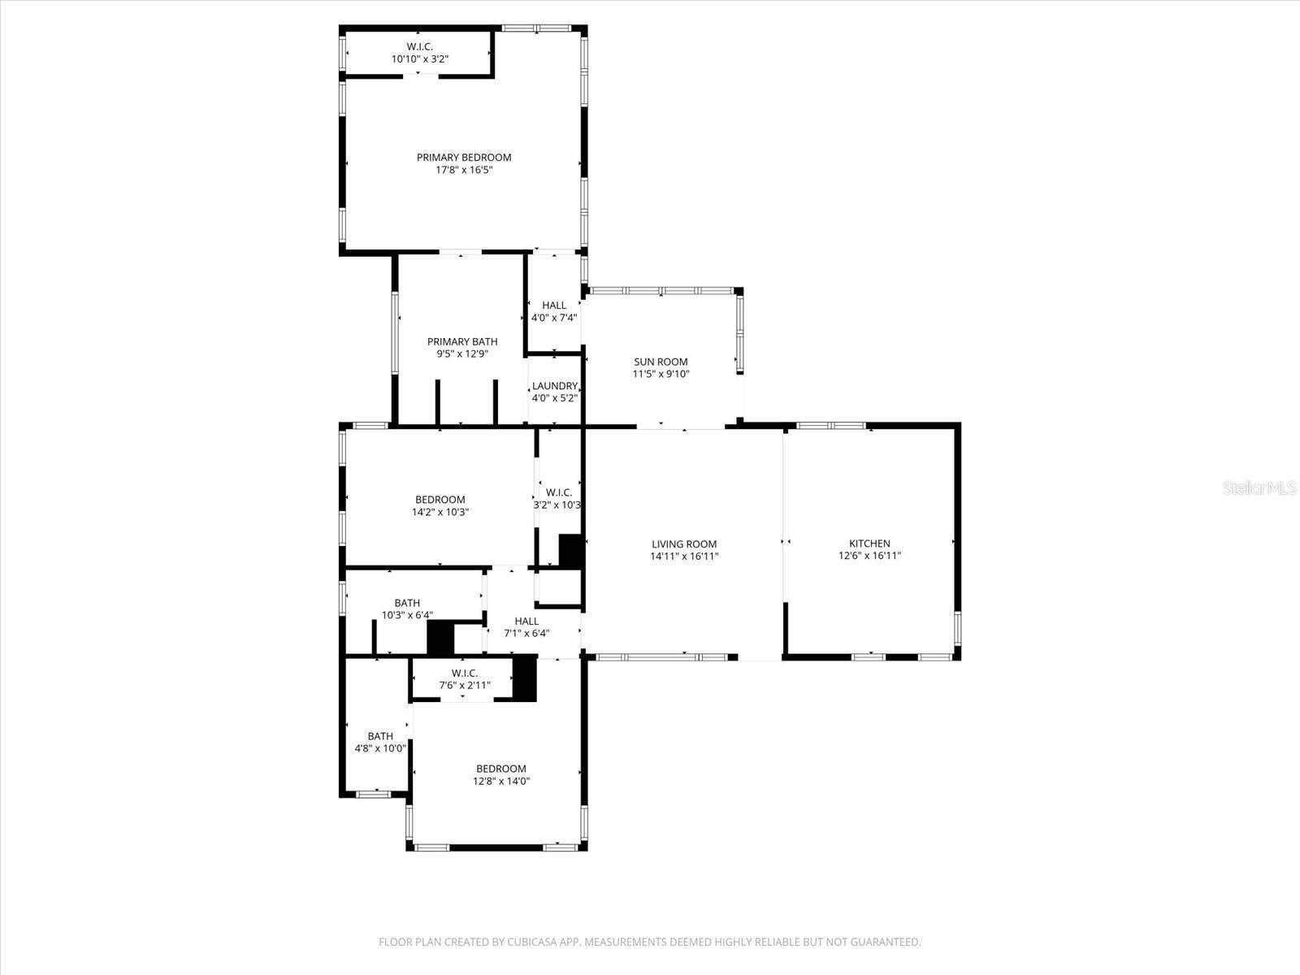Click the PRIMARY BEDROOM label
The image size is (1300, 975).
click(464, 158)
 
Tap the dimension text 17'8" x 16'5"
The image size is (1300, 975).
click(464, 171)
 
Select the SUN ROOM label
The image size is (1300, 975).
click(661, 362)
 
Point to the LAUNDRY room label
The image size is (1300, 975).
click(555, 386)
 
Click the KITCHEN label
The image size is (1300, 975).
click(869, 544)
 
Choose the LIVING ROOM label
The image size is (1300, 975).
click(684, 544)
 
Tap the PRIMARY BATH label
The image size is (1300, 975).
click(462, 342)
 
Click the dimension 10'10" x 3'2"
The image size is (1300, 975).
click(420, 59)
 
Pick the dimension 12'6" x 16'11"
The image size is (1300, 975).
click(869, 557)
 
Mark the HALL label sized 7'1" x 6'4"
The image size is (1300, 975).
click(526, 621)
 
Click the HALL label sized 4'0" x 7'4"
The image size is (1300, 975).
click(554, 305)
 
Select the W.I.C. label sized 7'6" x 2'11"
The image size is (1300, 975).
click(465, 674)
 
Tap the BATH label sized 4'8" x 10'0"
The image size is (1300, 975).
click(380, 736)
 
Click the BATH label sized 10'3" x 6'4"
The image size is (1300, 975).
click(407, 603)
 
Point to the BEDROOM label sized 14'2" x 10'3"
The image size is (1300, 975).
click(440, 500)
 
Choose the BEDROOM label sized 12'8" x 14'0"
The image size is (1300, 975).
click(500, 769)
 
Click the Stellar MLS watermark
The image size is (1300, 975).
click(1259, 488)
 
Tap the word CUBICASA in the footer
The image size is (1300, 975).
click(540, 942)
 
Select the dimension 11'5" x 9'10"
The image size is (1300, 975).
click(661, 375)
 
